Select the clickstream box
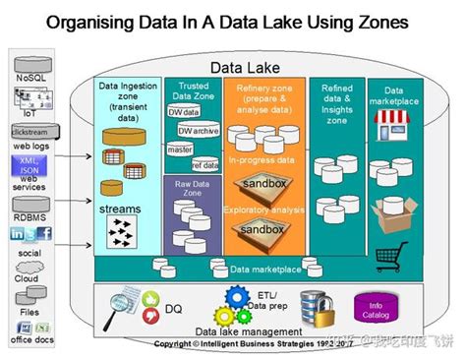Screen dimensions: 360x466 click(29, 131)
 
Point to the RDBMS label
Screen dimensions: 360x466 click(29, 205)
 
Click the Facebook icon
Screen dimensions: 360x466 click(45, 233)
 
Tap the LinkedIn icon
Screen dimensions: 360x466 click(17, 233)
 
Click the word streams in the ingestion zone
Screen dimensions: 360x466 click(121, 209)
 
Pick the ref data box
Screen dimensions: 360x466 click(205, 164)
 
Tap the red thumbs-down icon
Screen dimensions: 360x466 click(150, 315)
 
